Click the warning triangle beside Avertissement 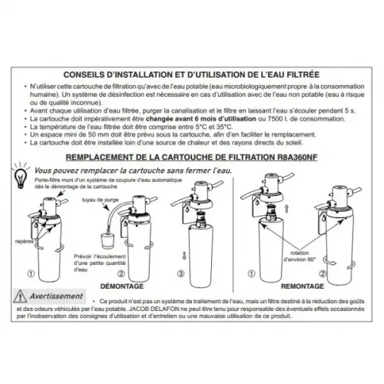22,297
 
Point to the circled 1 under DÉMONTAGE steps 28,273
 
